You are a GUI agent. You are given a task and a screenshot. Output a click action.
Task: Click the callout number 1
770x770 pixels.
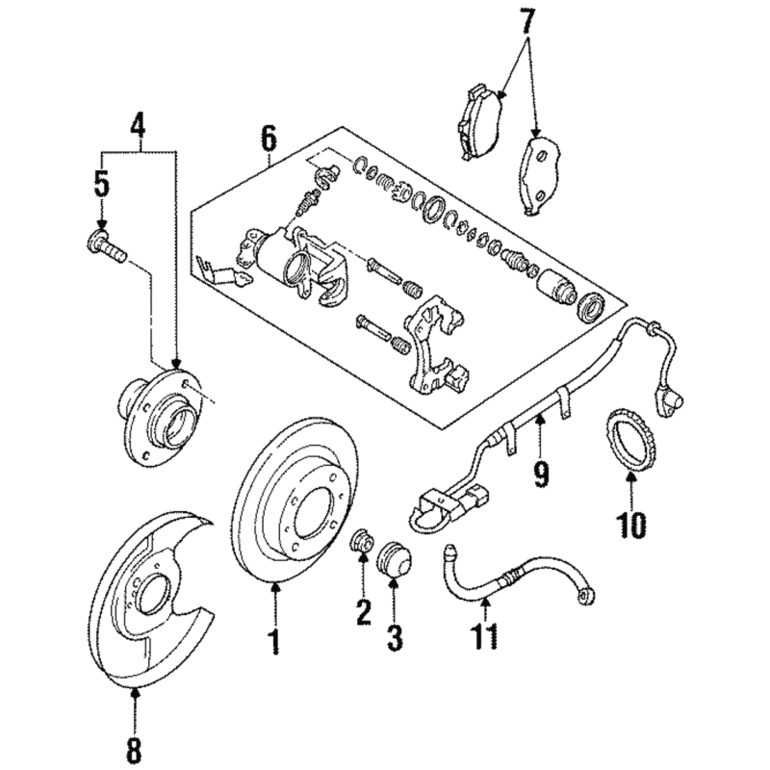click(x=273, y=640)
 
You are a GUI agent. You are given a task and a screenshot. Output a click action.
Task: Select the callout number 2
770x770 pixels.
click(x=363, y=611)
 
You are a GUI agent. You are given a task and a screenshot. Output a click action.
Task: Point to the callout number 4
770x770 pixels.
click(x=139, y=124)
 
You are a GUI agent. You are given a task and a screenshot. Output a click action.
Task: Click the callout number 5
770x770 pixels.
click(x=101, y=182)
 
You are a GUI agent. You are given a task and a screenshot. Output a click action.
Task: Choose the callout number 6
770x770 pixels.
click(x=268, y=140)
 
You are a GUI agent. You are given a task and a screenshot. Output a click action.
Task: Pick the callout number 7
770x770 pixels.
click(x=526, y=19)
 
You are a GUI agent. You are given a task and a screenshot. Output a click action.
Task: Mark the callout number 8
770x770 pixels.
click(x=134, y=746)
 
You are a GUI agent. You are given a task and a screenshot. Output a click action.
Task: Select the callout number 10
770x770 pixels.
click(x=632, y=525)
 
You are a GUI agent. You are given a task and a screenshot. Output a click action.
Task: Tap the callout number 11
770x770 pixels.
click(x=486, y=636)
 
